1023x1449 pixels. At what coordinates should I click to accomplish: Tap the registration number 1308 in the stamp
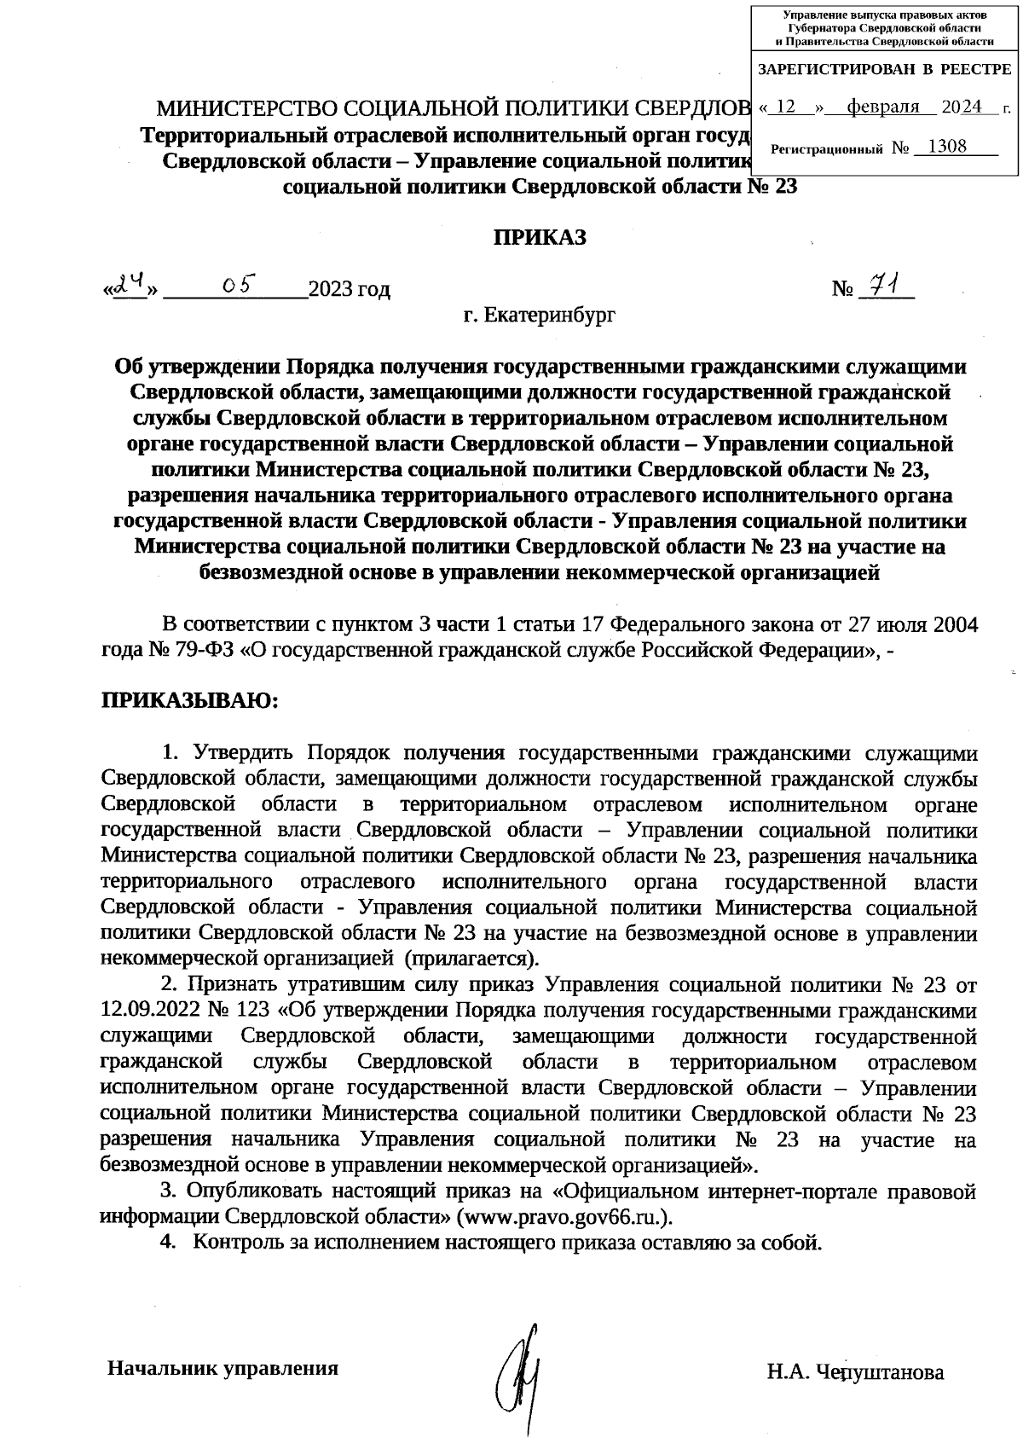coord(946,146)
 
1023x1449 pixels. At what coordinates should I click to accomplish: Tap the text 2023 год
coord(350,290)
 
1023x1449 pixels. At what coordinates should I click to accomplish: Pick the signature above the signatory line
coord(523,1369)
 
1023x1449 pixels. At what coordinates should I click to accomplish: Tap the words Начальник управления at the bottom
coord(223,1368)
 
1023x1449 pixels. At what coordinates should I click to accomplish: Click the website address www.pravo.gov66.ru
coord(561,1216)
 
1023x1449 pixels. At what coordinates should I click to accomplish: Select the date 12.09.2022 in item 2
coord(148,1011)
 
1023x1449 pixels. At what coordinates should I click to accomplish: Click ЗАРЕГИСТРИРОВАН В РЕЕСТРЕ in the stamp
coord(884,69)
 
